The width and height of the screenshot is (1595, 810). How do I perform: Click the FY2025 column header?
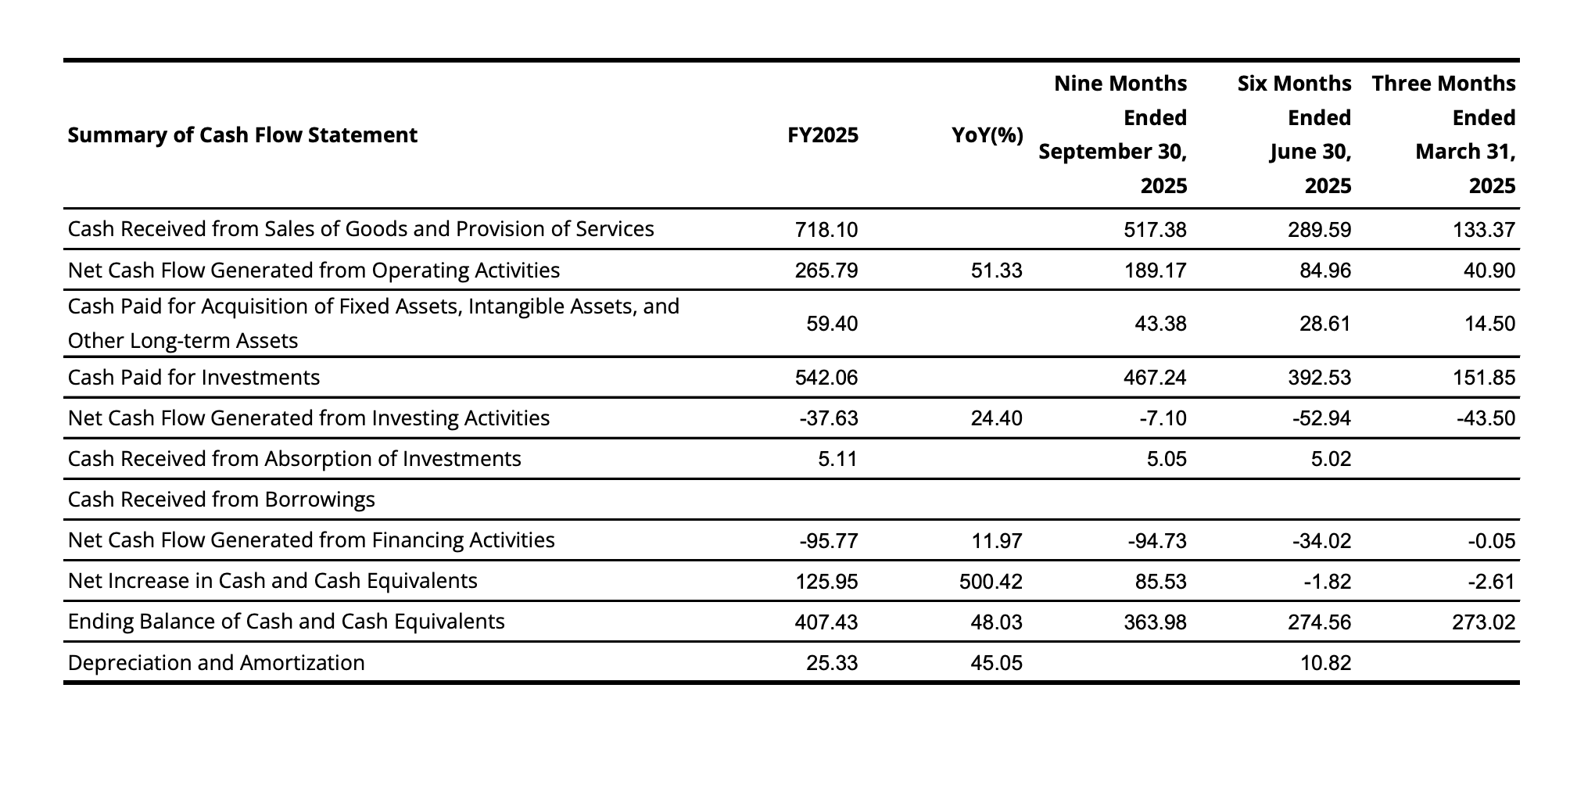823,135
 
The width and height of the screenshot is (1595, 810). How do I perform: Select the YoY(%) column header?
987,135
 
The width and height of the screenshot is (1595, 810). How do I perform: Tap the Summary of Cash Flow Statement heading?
242,135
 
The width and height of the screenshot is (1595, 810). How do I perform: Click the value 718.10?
826,230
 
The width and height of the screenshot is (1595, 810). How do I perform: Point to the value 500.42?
990,581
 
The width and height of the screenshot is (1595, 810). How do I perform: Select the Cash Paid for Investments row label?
194,378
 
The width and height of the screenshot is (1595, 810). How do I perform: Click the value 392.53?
1318,378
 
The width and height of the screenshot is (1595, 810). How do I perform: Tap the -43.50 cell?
1486,418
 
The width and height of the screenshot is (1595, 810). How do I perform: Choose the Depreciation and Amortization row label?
216,663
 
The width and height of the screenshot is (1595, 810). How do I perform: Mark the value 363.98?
1154,622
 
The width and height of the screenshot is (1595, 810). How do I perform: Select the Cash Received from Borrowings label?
221,500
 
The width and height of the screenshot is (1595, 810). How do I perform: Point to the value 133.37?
1482,230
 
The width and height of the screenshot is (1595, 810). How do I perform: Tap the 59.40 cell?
831,324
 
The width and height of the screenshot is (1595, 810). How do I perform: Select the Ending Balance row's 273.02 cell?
1482,622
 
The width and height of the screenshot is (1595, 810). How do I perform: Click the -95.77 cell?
828,540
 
